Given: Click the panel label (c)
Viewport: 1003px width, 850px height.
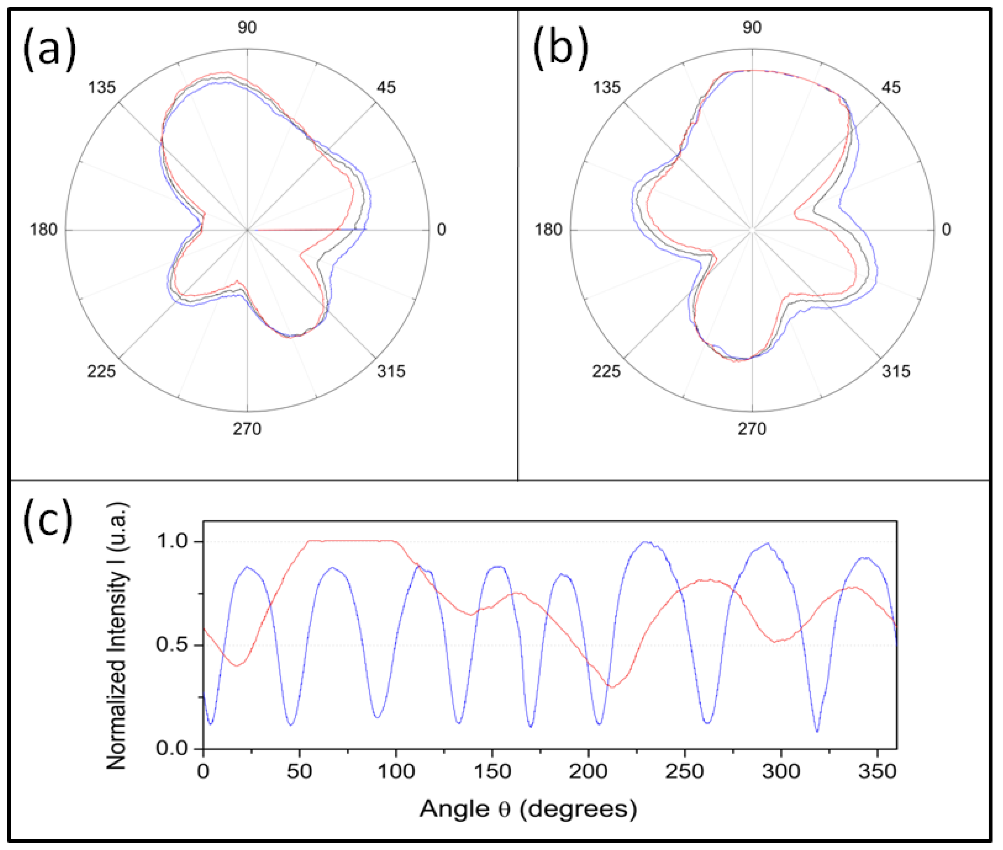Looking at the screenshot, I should coord(48,521).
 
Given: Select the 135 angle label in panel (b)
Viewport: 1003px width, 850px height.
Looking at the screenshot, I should coord(606,88).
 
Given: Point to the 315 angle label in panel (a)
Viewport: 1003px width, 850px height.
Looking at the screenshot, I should coord(391,372).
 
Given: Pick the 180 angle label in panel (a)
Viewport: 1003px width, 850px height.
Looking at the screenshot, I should coord(44,230).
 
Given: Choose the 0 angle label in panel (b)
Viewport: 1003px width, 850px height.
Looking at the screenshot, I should coord(946,230).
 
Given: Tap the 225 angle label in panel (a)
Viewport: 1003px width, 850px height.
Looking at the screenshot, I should coord(101,372).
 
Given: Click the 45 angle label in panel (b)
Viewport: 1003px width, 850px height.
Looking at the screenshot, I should coord(891,88).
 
